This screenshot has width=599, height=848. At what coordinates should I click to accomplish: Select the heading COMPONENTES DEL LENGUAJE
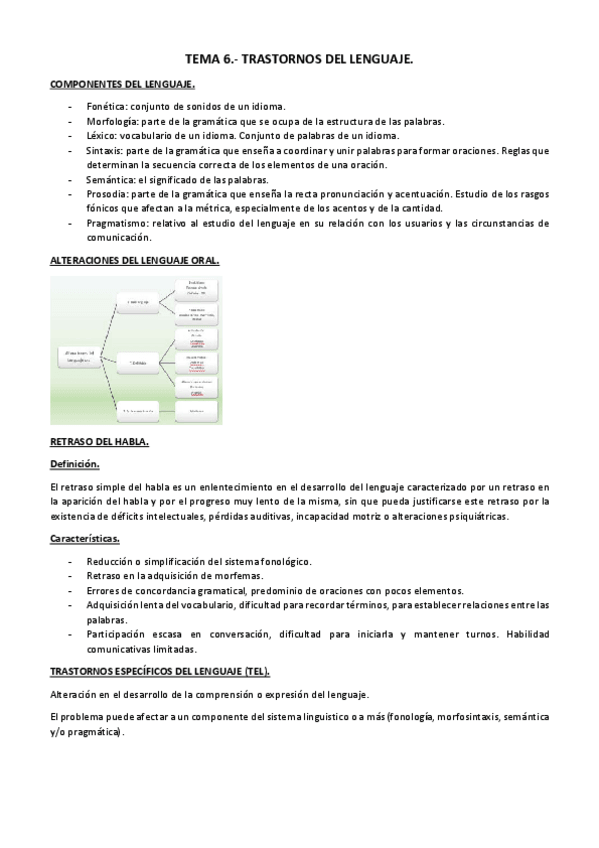click(x=122, y=85)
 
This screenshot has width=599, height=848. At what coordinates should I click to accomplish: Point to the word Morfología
click(x=111, y=121)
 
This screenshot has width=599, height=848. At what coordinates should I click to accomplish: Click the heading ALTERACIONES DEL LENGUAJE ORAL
click(x=134, y=259)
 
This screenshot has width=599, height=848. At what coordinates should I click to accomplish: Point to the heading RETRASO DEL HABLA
click(x=99, y=440)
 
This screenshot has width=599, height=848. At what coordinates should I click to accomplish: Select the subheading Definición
click(x=75, y=464)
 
